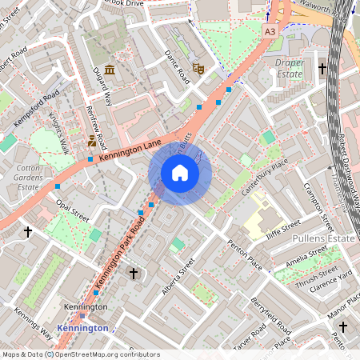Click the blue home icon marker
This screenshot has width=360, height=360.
180,172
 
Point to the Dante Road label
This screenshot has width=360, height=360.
177,66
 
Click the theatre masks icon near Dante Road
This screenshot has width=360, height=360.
199,70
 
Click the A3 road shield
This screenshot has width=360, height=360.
270,30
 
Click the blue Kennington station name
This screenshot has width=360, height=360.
83,328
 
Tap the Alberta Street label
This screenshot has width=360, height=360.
178,275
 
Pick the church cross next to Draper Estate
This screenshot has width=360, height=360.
322,70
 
